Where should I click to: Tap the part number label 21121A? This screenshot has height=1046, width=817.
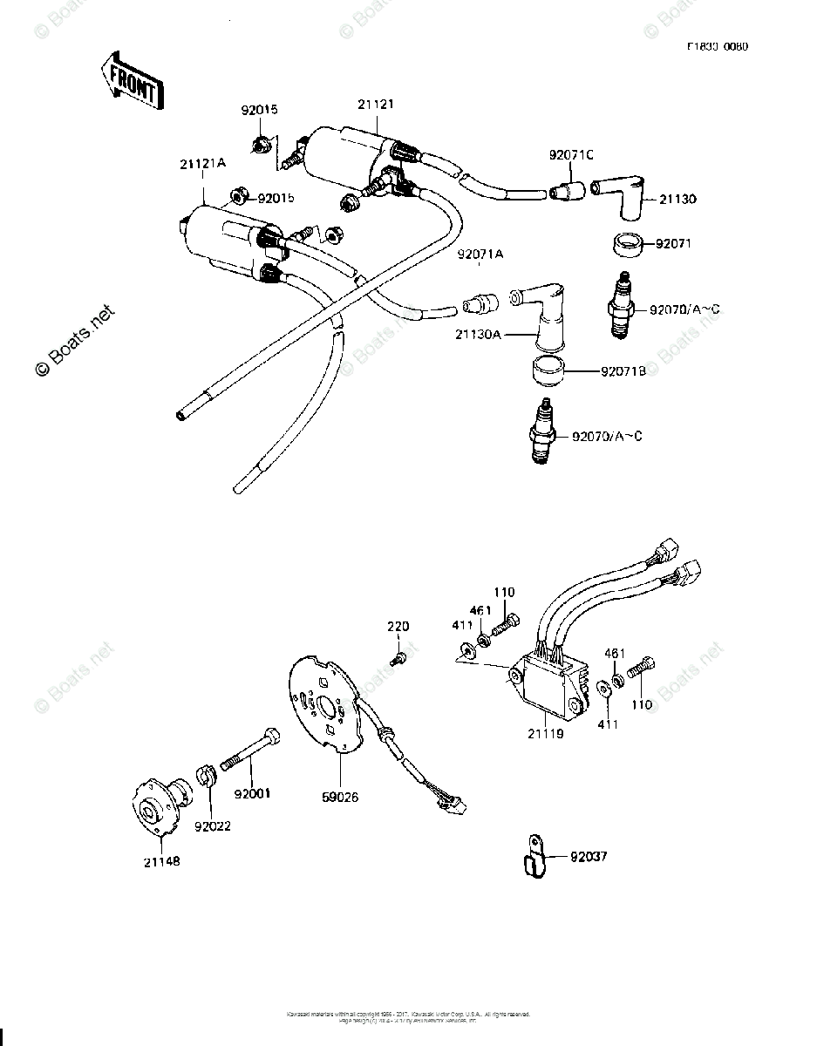point(202,164)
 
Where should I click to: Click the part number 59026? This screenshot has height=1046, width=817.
point(340,797)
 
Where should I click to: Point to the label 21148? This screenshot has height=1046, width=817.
point(163,861)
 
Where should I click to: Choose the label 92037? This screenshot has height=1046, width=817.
point(588,857)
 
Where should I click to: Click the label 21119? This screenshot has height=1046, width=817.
point(546,734)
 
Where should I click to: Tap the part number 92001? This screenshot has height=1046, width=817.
point(252,793)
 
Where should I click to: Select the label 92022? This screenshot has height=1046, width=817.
point(213,825)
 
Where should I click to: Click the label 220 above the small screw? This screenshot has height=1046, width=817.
point(398,627)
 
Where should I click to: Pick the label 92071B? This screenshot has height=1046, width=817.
point(622,371)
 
